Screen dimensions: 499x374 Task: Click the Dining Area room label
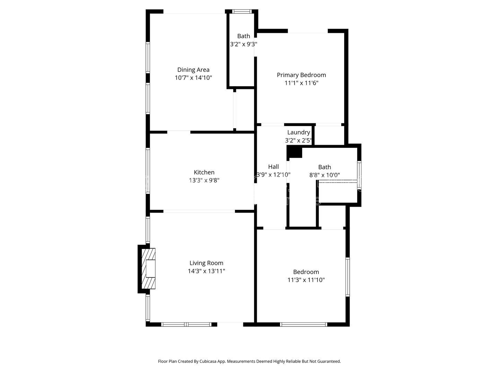(x=193, y=70)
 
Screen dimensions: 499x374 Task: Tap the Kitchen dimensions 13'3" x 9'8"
(x=204, y=180)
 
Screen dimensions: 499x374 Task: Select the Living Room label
(x=207, y=263)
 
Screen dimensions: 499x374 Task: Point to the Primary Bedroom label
(x=301, y=75)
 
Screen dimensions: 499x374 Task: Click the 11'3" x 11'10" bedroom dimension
(x=306, y=280)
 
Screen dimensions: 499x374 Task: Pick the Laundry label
(x=298, y=132)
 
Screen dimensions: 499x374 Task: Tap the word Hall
(x=273, y=167)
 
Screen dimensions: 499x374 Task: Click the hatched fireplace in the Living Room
(x=148, y=268)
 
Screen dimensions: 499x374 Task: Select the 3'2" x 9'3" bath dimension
(x=244, y=44)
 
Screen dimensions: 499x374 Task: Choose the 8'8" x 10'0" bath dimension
(x=324, y=175)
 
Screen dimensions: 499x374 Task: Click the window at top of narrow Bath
(x=242, y=11)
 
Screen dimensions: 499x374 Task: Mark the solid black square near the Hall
(x=295, y=152)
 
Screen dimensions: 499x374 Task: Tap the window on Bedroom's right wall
(x=348, y=277)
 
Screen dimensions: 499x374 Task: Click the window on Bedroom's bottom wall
(x=304, y=324)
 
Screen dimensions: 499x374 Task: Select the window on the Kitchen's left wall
(x=148, y=171)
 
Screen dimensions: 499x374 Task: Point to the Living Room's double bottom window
(x=186, y=324)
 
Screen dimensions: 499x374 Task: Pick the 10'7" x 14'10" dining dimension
(x=193, y=78)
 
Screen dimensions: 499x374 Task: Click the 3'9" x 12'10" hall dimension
(x=273, y=175)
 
